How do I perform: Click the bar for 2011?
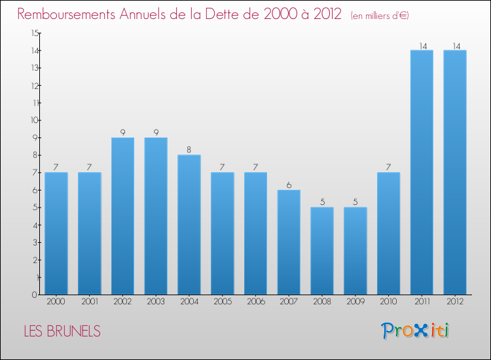422,172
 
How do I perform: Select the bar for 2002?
122,216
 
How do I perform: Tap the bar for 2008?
322,251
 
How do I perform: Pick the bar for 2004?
189,225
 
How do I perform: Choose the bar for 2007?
289,242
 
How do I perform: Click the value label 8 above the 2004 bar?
189,150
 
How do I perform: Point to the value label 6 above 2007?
289,185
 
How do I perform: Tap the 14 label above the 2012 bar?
455,46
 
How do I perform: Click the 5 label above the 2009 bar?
355,202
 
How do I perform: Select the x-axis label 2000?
56,301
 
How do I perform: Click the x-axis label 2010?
389,301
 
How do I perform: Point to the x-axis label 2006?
255,301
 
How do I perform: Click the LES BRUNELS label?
62,331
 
